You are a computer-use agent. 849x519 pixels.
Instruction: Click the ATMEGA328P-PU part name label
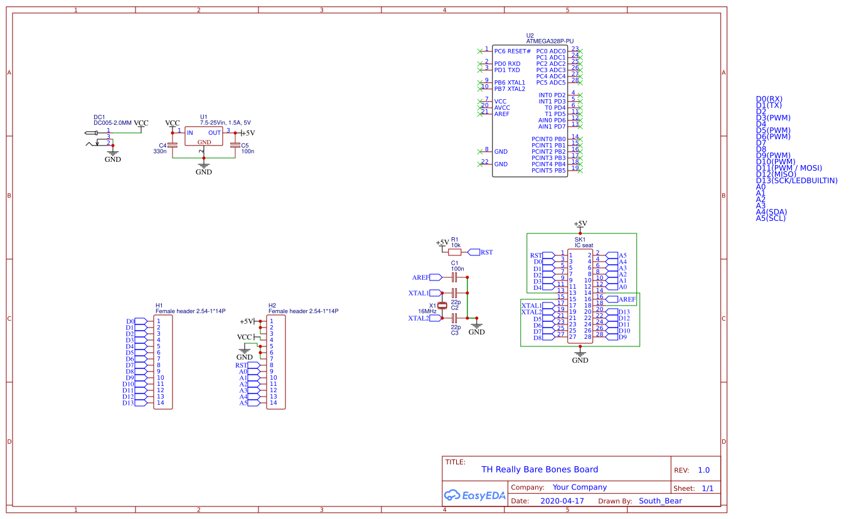pos(550,41)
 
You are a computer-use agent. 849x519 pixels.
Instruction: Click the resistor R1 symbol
pos(455,252)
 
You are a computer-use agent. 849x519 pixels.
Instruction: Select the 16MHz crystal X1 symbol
pos(442,306)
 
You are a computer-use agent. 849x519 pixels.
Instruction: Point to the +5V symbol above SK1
pos(580,224)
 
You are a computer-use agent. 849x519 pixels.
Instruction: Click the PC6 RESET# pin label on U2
pos(513,51)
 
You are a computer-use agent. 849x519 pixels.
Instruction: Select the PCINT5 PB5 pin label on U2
pos(548,171)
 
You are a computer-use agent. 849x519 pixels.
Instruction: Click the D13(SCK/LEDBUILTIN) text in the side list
pos(796,181)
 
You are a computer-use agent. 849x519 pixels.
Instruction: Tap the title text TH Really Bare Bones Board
pos(539,469)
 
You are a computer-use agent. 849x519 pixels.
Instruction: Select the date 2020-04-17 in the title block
pos(562,501)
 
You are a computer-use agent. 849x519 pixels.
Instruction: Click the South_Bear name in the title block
pos(660,501)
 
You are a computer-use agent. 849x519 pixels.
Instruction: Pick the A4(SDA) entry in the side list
pos(771,212)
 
